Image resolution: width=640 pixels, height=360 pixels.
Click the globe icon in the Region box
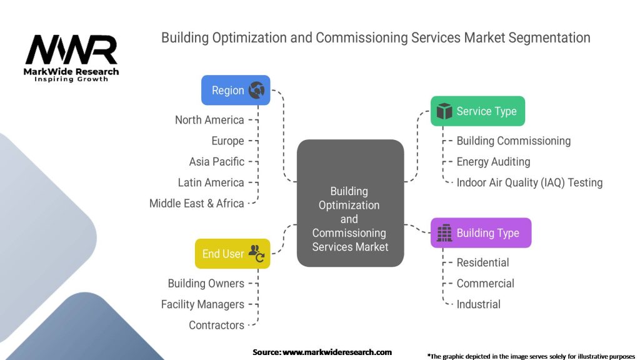pyautogui.click(x=256, y=90)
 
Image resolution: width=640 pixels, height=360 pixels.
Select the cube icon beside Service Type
pyautogui.click(x=444, y=111)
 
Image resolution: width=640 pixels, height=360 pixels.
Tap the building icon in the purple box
pyautogui.click(x=444, y=232)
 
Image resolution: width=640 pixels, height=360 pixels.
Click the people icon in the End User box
pyautogui.click(x=256, y=254)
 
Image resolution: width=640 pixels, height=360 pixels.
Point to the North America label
pyautogui.click(x=209, y=120)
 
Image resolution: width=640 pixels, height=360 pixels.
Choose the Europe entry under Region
pyautogui.click(x=227, y=141)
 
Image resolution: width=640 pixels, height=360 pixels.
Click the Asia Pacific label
pyautogui.click(x=217, y=162)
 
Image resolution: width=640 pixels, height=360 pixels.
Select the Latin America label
pyautogui.click(x=211, y=182)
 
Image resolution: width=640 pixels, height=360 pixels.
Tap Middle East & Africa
pyautogui.click(x=197, y=203)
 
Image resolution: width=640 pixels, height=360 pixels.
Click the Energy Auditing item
pyautogui.click(x=493, y=162)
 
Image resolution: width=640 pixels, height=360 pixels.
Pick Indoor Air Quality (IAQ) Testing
pyautogui.click(x=529, y=182)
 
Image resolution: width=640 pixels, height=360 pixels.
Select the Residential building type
pyautogui.click(x=482, y=262)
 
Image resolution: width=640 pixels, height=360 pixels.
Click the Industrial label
pyautogui.click(x=478, y=304)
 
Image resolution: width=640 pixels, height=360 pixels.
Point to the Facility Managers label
pyautogui.click(x=202, y=304)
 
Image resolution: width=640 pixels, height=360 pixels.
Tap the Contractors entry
pyautogui.click(x=216, y=325)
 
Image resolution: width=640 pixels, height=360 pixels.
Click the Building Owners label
pyautogui.click(x=206, y=283)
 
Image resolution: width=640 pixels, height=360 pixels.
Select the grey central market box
pyautogui.click(x=350, y=203)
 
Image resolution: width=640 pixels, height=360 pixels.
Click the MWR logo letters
pyautogui.click(x=71, y=49)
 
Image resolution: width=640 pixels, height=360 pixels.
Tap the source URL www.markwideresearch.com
pyautogui.click(x=337, y=352)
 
